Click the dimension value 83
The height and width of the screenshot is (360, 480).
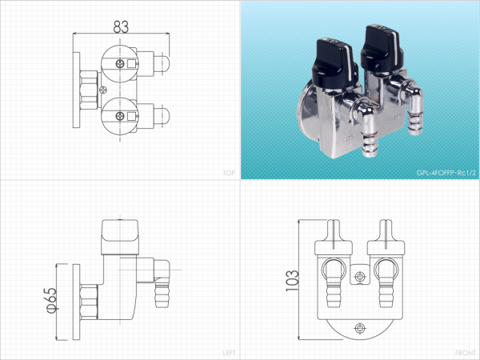coord(121,27)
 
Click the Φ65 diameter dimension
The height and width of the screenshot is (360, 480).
coord(52,300)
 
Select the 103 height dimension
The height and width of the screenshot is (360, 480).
coord(292,281)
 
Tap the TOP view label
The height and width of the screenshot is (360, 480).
coord(229,173)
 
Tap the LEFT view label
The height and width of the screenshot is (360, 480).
coord(229,353)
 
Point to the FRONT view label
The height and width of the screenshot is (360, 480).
coord(466,353)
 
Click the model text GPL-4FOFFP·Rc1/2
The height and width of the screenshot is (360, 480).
coord(446,173)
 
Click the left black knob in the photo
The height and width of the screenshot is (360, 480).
coord(334,62)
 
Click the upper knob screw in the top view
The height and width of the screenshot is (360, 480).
coord(120,64)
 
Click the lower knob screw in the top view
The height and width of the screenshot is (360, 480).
coord(120,116)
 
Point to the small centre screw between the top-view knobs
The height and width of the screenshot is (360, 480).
coord(103,90)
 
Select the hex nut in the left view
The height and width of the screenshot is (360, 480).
coord(89,302)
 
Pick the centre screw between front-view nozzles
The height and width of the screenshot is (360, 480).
coord(360,277)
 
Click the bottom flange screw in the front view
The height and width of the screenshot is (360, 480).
coord(360,329)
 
